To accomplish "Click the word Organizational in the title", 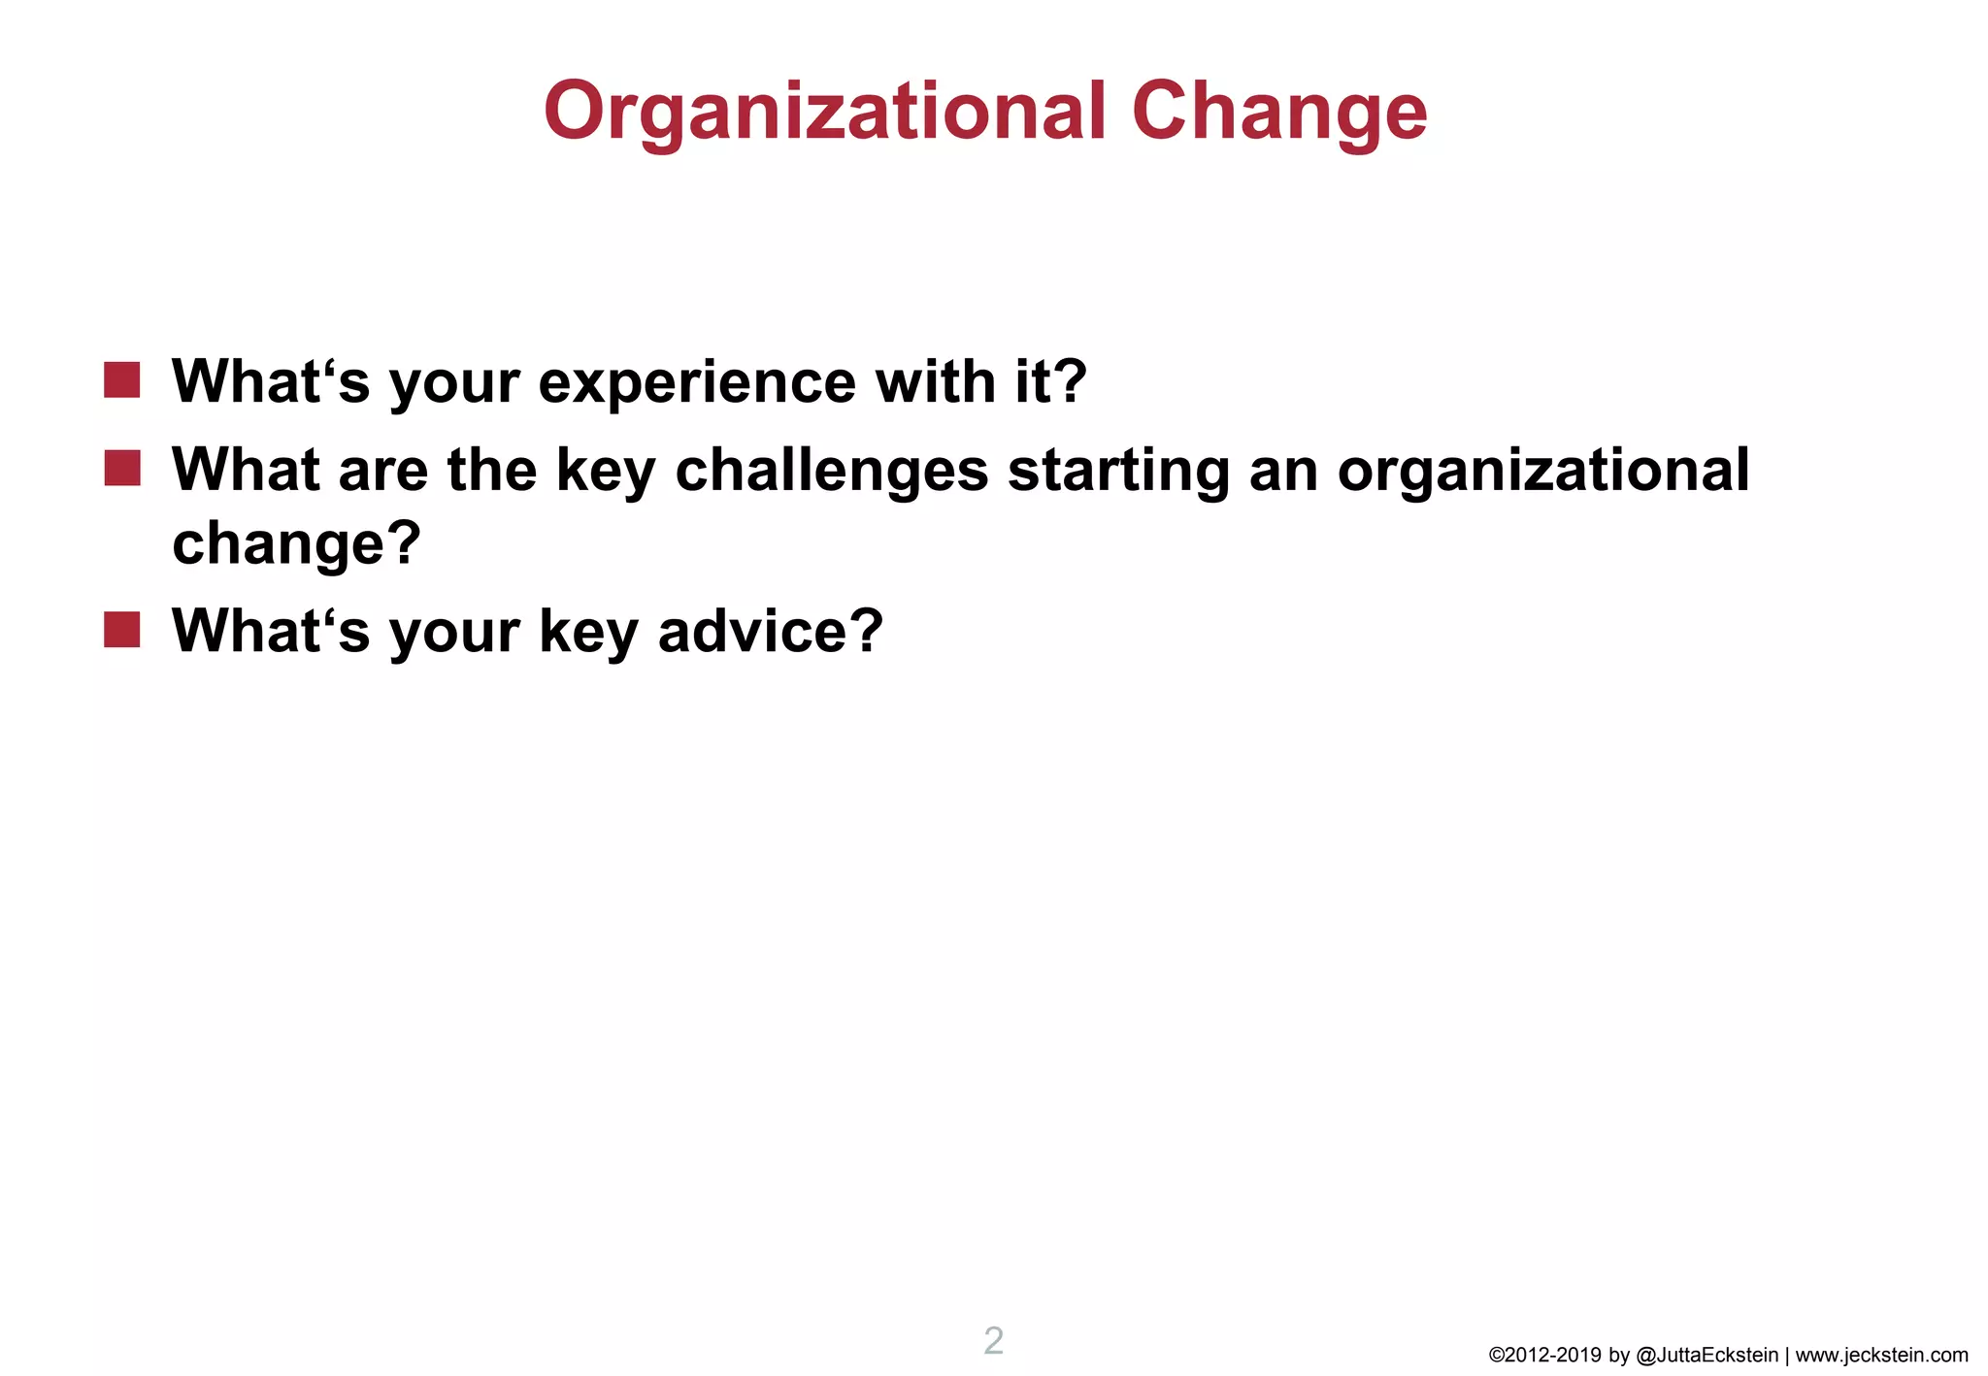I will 824,112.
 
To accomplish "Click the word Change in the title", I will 1278,112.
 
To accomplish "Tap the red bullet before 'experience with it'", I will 122,380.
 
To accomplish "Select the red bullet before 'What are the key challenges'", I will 122,468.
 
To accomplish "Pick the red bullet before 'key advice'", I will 122,630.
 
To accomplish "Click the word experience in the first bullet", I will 696,382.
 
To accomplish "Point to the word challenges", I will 831,471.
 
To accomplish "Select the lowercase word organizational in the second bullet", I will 1543,471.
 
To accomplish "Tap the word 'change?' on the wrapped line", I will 296,542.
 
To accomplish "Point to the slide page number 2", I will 993,1341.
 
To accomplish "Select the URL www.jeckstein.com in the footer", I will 1881,1356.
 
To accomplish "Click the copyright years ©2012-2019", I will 1544,1356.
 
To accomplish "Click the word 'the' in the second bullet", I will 491,470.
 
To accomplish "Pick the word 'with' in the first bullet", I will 935,381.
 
